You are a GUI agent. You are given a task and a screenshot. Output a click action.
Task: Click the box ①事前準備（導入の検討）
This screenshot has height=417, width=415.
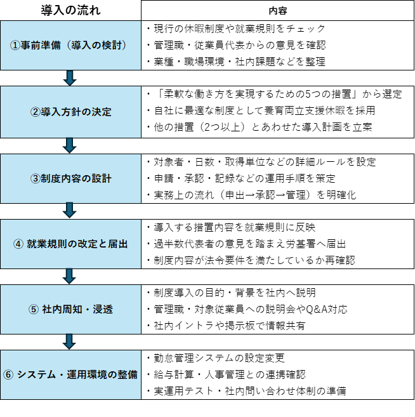point(70,45)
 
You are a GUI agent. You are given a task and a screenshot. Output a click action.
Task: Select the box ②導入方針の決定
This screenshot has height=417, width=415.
point(70,112)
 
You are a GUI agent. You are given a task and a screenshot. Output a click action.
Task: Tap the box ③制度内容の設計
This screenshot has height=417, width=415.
point(70,178)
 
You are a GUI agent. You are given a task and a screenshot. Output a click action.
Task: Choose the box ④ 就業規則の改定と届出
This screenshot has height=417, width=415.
point(70,244)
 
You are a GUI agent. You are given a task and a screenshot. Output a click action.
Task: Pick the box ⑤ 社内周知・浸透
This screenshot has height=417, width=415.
point(70,309)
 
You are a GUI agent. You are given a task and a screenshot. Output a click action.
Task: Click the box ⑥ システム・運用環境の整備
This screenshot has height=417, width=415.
point(70,374)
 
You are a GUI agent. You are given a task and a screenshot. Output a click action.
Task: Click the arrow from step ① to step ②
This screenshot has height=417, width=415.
point(70,78)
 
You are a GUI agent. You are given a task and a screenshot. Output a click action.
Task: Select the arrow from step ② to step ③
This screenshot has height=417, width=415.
point(70,145)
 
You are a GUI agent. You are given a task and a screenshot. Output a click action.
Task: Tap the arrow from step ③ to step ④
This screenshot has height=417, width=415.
point(70,211)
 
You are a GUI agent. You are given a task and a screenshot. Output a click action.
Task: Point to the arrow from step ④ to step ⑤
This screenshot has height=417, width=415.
point(70,276)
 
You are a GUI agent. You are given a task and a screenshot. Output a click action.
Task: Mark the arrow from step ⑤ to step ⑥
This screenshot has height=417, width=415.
point(70,341)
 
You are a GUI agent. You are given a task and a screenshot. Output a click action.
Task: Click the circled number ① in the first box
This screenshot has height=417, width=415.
point(15,45)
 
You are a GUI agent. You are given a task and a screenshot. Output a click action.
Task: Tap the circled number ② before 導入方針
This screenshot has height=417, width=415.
point(36,112)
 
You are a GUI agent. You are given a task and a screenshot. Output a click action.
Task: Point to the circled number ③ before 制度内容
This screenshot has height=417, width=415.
point(36,178)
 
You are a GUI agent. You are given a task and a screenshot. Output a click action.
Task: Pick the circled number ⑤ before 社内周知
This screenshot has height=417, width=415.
point(34,310)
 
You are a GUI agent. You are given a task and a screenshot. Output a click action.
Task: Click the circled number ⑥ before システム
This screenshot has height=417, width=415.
point(8,374)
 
